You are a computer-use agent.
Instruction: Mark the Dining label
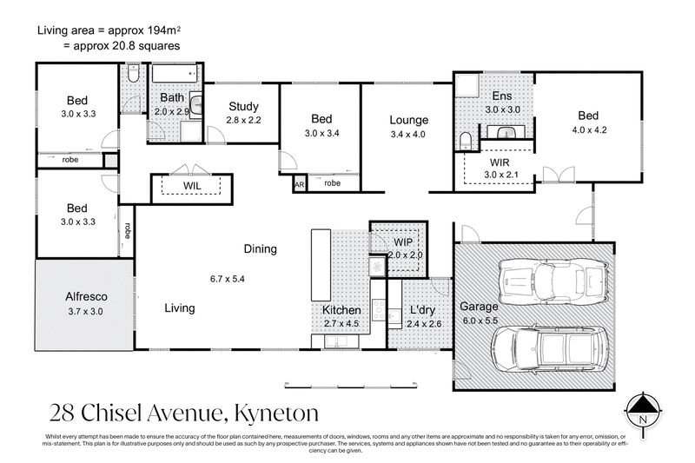(260, 249)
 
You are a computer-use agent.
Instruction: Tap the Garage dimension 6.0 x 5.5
(480, 321)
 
